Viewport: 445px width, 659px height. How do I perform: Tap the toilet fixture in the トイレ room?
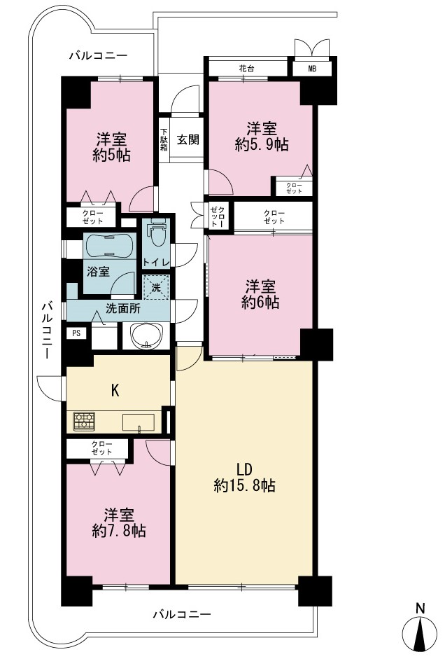[157, 233]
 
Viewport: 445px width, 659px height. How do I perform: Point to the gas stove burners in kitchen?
[85, 421]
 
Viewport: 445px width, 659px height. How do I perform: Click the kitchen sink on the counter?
[139, 422]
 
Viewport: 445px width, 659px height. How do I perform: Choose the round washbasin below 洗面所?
[146, 336]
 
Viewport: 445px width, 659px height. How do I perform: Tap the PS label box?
[76, 333]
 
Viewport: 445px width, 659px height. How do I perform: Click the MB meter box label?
[312, 69]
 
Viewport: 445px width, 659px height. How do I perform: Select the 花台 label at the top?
[246, 68]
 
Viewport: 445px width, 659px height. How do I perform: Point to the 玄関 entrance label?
[188, 139]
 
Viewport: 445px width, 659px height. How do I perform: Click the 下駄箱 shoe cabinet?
[164, 139]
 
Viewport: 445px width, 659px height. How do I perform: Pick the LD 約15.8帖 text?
[244, 478]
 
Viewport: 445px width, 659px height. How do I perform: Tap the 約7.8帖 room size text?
[119, 532]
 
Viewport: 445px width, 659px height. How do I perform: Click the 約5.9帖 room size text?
[262, 145]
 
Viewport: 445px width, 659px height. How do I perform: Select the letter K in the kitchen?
[115, 391]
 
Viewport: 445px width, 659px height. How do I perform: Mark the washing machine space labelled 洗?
[156, 288]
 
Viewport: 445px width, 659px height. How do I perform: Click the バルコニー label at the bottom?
[181, 615]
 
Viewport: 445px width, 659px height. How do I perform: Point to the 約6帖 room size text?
[261, 303]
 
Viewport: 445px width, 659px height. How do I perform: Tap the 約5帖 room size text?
[112, 155]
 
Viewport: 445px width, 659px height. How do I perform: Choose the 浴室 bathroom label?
[98, 271]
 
